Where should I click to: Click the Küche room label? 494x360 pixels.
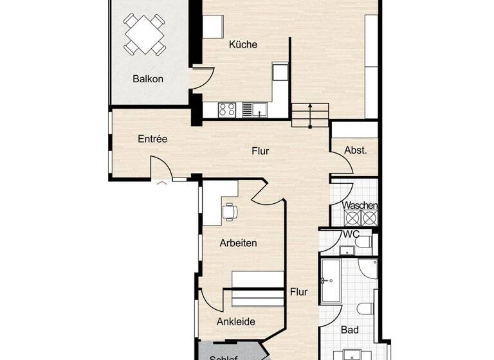tap(243, 45)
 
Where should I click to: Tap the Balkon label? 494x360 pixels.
tap(148, 79)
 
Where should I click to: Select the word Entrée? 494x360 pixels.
tap(152, 138)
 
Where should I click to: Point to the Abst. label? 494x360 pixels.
tap(355, 150)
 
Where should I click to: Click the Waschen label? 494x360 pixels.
tap(360, 206)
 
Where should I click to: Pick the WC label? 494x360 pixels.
tap(351, 234)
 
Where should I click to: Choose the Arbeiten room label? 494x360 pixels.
tap(238, 243)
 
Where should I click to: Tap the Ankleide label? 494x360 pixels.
tap(236, 321)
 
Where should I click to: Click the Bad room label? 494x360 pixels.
tap(350, 330)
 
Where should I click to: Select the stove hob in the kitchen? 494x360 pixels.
tap(227, 109)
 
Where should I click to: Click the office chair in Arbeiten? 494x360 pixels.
tap(230, 211)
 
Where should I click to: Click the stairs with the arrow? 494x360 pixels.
tap(311, 114)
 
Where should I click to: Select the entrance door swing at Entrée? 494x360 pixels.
tap(162, 168)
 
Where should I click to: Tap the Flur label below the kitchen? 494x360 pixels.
tap(260, 152)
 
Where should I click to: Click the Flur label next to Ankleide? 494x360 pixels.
tap(298, 291)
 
